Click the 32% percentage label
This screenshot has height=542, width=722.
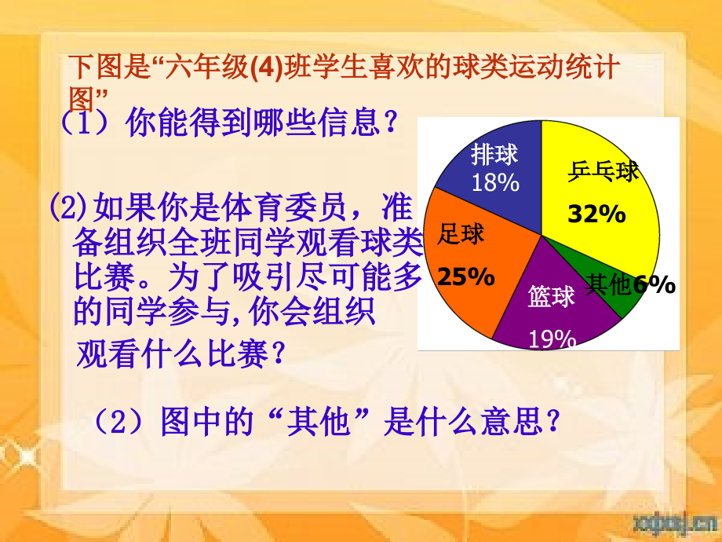(x=596, y=214)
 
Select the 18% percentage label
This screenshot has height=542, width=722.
(x=495, y=182)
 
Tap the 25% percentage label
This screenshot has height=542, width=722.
(x=465, y=276)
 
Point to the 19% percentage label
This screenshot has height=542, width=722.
(x=552, y=339)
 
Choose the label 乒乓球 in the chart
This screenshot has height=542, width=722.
(x=603, y=172)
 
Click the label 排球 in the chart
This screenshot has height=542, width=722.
(x=494, y=155)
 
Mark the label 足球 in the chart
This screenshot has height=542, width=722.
(x=461, y=234)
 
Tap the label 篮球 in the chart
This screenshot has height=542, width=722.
(x=552, y=296)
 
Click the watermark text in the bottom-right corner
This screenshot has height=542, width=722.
(x=676, y=526)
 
